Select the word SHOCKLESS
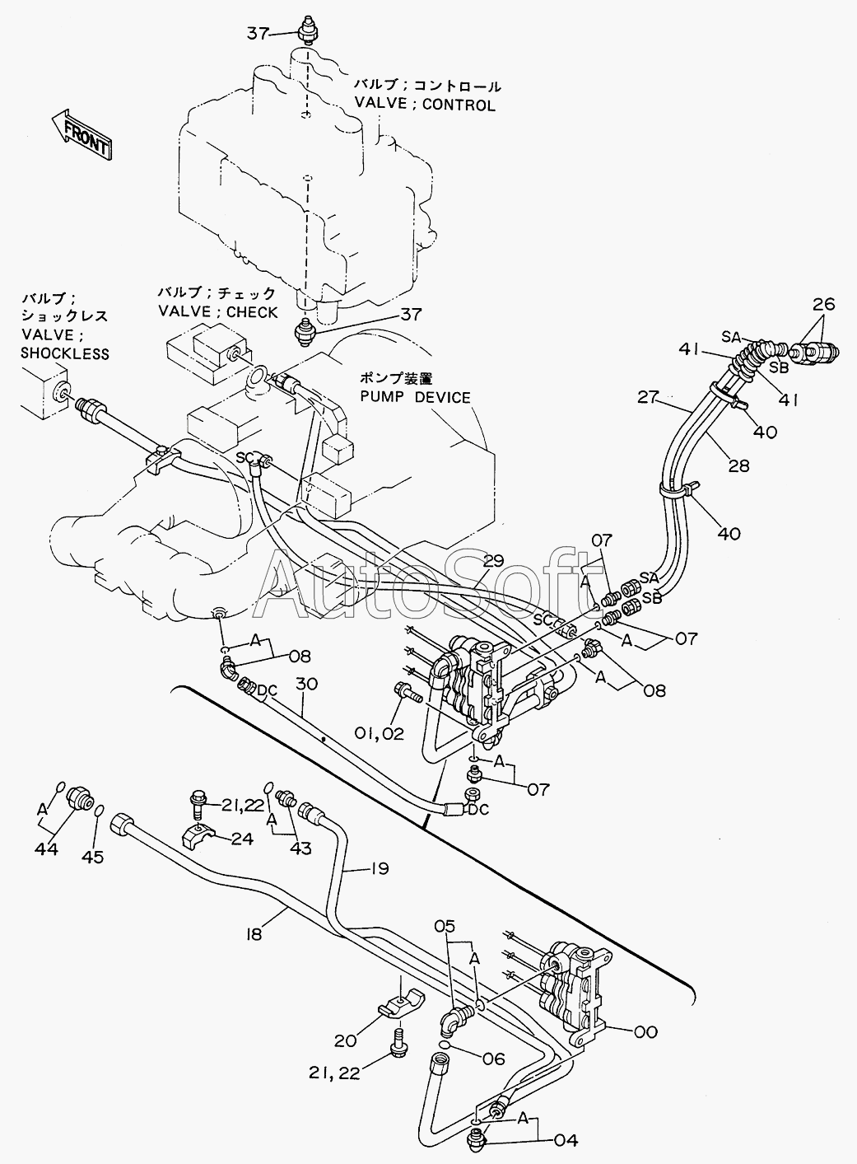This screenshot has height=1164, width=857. [65, 353]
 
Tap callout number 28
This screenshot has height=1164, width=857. [738, 466]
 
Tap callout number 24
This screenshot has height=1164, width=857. [241, 839]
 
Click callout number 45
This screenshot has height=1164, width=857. [92, 857]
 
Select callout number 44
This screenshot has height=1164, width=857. [46, 848]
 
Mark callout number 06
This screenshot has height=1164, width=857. [493, 1060]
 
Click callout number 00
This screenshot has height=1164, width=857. [646, 1031]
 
